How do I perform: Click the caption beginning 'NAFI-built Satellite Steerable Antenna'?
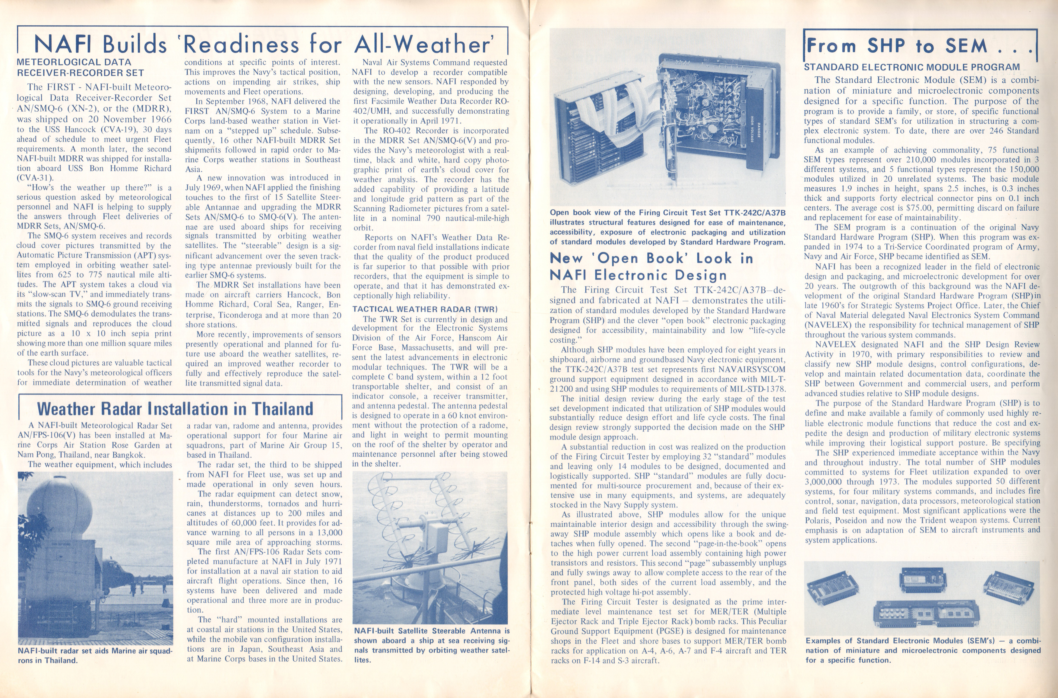click(x=431, y=645)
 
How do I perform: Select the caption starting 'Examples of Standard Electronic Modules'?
click(x=923, y=650)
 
